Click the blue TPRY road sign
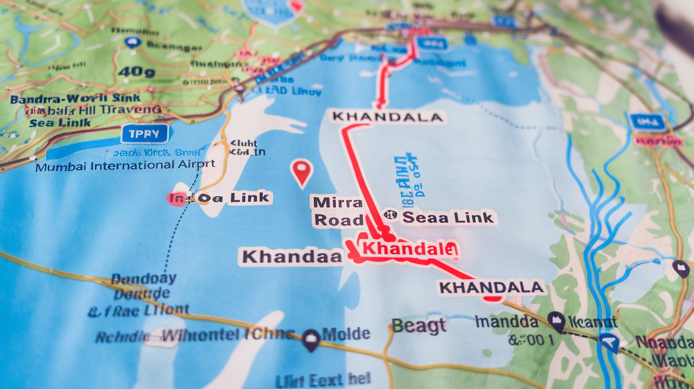click(x=144, y=134)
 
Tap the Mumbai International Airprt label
click(x=125, y=165)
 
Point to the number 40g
click(x=136, y=71)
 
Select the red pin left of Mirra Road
click(x=302, y=172)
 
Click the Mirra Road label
click(x=337, y=211)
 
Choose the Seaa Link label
click(x=448, y=217)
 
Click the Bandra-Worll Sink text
click(x=75, y=98)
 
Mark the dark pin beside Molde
click(x=311, y=339)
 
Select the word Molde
click(x=346, y=334)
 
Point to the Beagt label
click(x=419, y=325)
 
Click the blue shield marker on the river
click(x=609, y=341)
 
